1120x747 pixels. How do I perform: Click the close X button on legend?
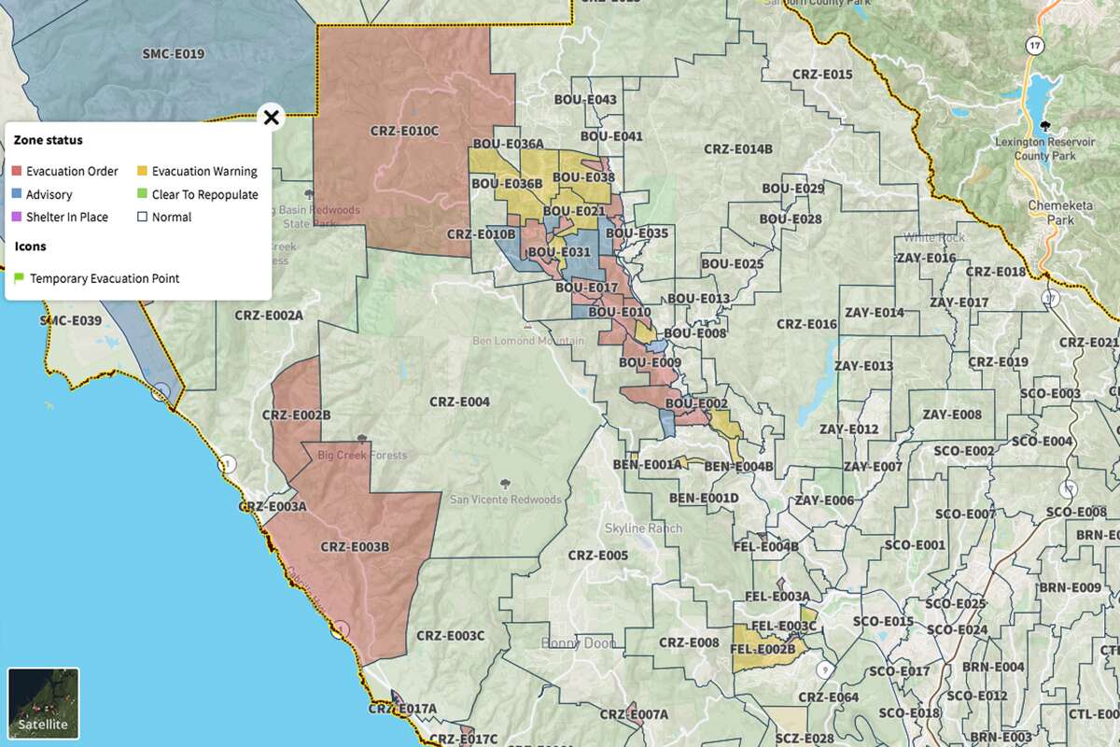coord(271,118)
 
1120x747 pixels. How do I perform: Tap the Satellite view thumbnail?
coord(44,703)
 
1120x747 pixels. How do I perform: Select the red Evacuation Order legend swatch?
coord(18,172)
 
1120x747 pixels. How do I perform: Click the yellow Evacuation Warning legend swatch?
coord(143,172)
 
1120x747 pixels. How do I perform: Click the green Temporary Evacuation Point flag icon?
coord(18,278)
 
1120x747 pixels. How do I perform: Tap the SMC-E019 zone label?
coord(173,54)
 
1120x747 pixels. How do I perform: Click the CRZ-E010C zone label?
coord(404,132)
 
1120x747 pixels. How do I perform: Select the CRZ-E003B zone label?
coord(354,547)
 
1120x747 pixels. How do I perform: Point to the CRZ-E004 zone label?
coord(459,402)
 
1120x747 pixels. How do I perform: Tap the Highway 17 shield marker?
coord(1033,45)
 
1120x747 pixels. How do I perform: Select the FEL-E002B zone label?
coord(763,649)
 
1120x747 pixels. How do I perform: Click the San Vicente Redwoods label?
coord(506,500)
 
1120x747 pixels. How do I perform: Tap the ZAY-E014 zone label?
coord(874,313)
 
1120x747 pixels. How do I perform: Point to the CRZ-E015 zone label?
coord(821,75)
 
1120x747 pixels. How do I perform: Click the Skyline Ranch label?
coord(643,529)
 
